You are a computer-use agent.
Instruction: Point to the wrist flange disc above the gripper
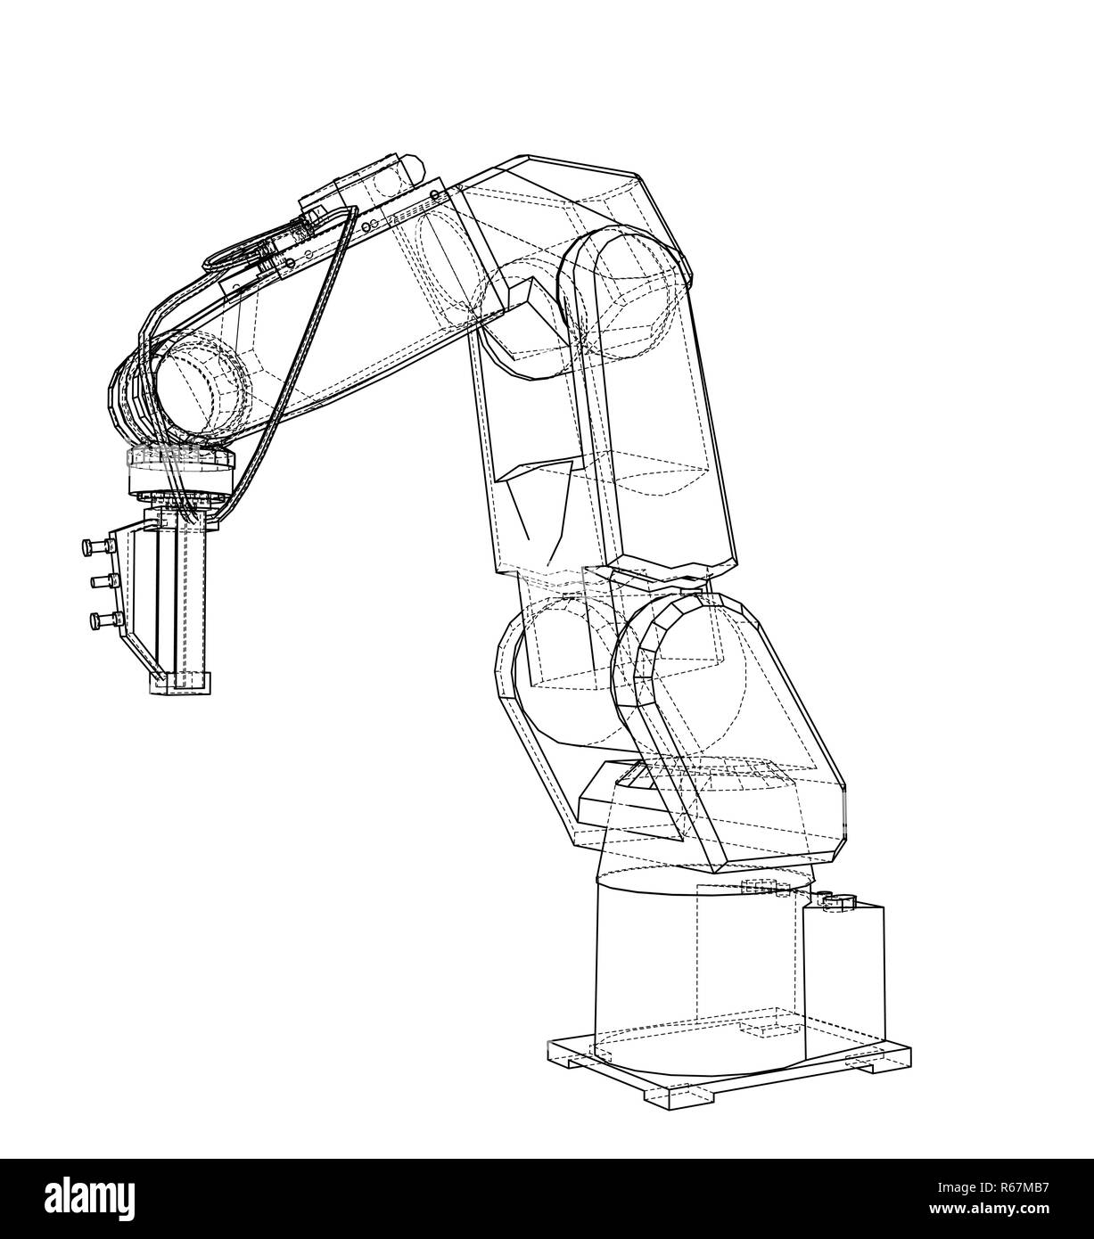pos(182,460)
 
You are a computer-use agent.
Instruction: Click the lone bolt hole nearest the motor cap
pos(434,193)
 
